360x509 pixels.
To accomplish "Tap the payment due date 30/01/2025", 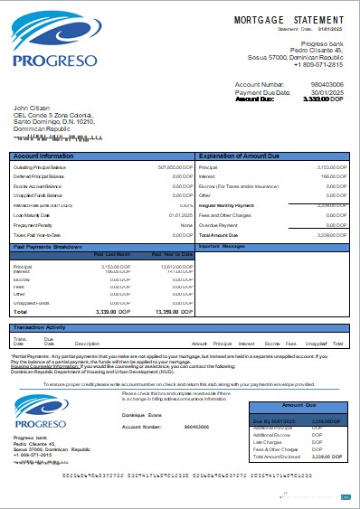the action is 327,92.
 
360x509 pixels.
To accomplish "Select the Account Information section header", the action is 43,156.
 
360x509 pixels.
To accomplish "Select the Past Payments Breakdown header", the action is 50,246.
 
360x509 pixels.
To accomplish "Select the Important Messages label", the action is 223,246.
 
